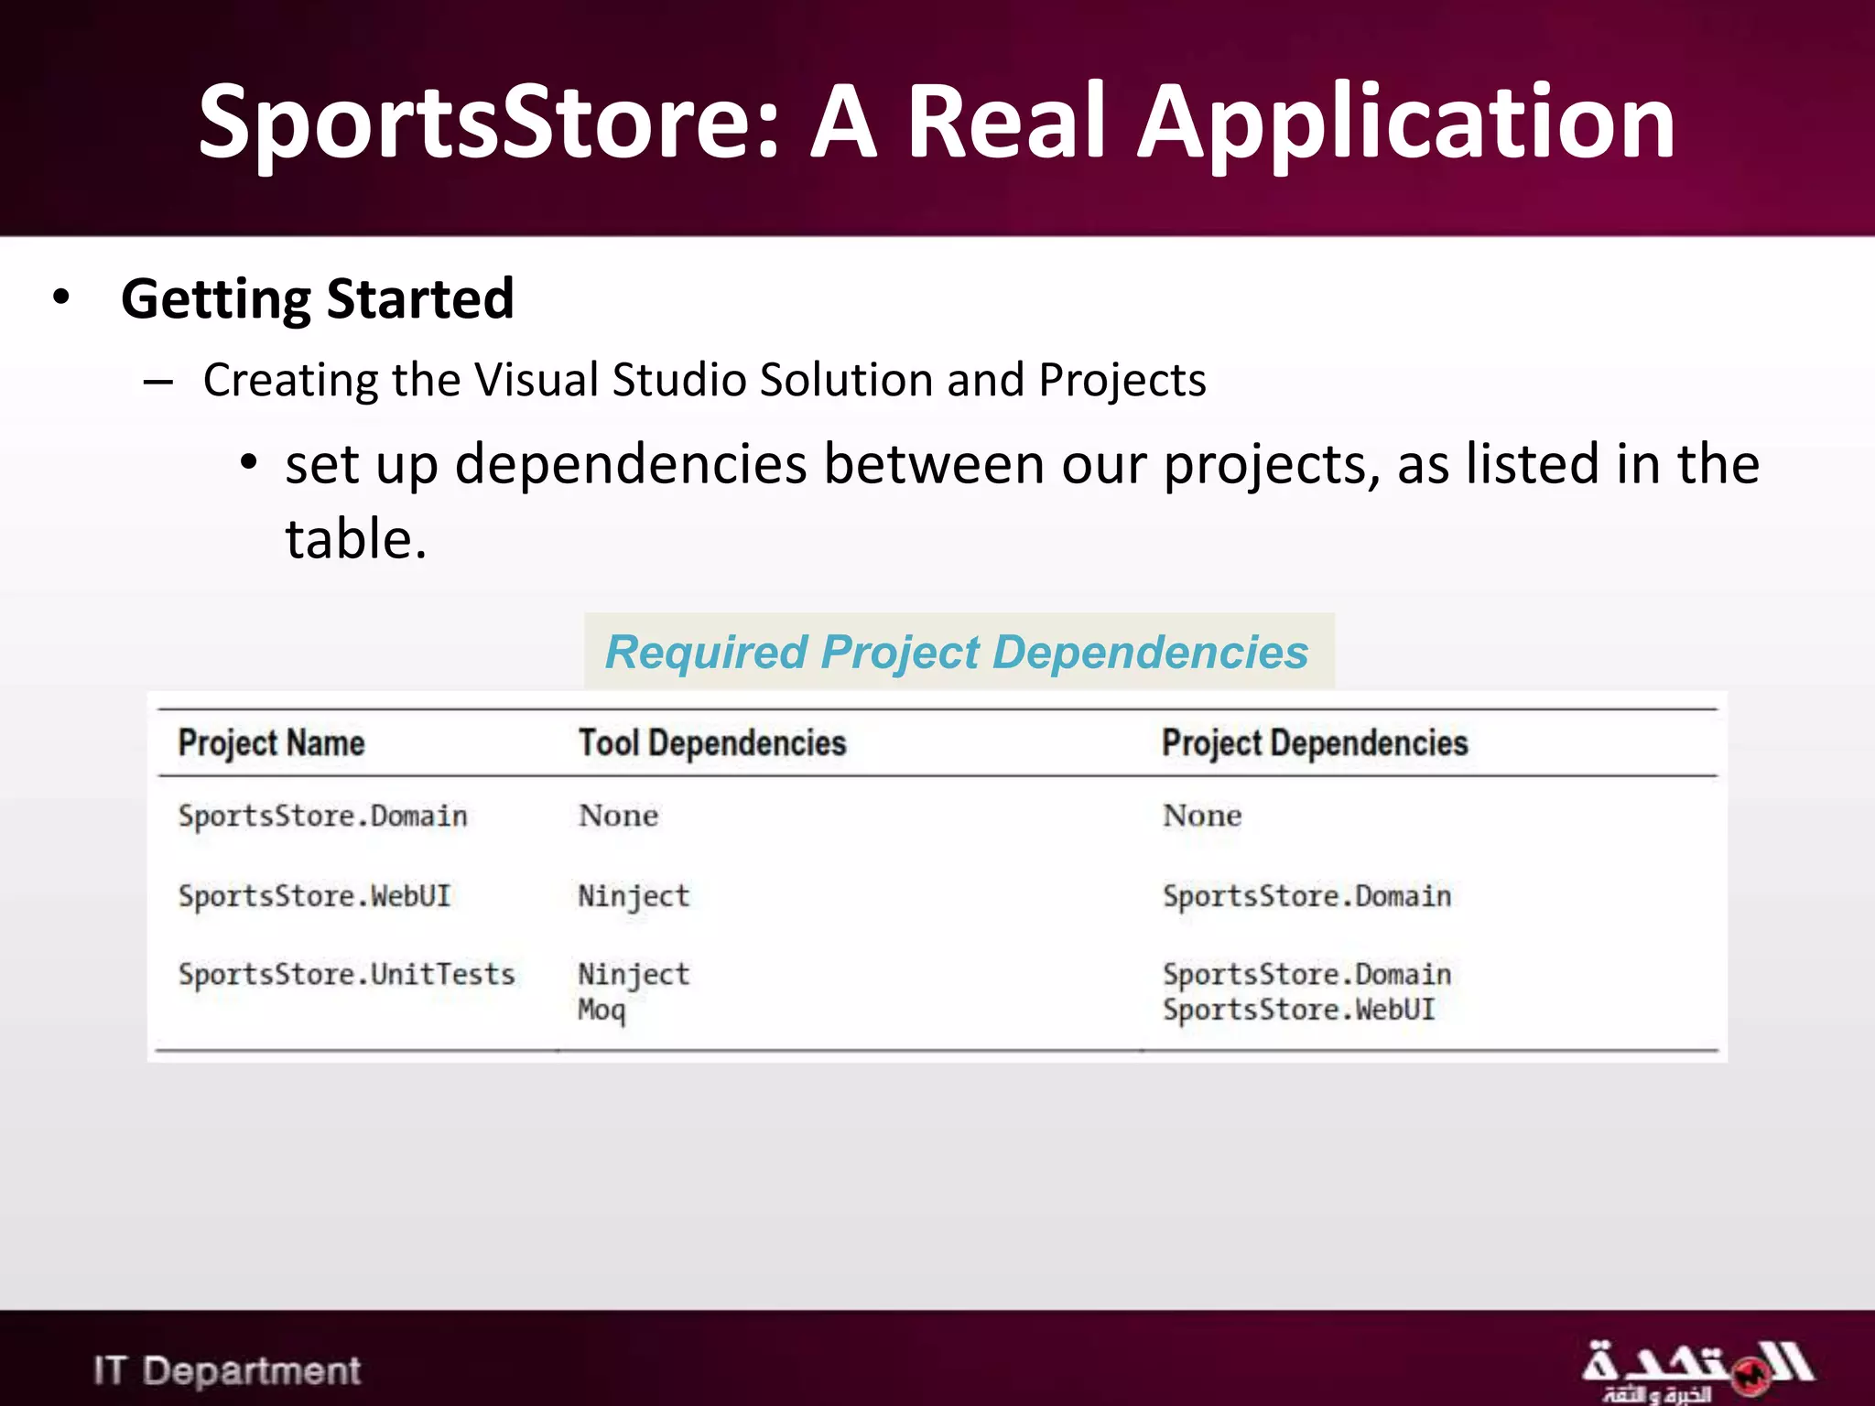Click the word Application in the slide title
[1405, 122]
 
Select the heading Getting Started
[317, 299]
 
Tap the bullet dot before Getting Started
[61, 297]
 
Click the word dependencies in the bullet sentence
[631, 464]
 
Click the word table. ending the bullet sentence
[355, 539]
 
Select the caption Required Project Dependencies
[957, 653]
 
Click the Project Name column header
[271, 743]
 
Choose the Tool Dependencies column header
[712, 743]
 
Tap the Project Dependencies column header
[1315, 743]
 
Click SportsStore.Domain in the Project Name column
[322, 816]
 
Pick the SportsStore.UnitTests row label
[346, 975]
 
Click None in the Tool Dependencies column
[618, 816]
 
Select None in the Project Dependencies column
[1202, 816]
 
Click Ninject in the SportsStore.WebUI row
[634, 896]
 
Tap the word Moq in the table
[602, 1011]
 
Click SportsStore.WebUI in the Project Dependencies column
[1298, 1011]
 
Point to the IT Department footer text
[227, 1370]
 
